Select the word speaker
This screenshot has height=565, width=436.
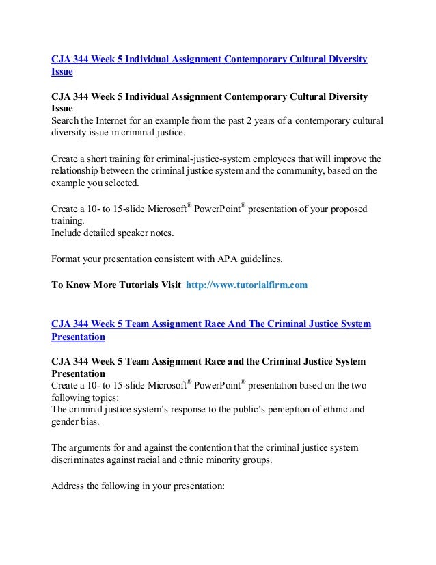138,234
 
